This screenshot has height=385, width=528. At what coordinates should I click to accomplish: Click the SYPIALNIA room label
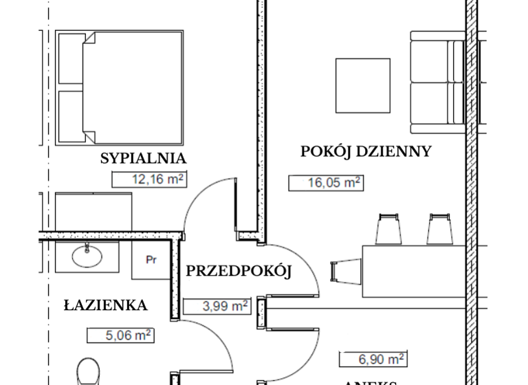(143, 158)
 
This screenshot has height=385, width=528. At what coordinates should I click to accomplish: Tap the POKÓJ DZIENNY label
(365, 151)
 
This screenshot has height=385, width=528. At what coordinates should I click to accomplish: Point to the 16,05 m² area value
(325, 183)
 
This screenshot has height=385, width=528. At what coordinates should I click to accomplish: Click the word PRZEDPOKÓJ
(239, 271)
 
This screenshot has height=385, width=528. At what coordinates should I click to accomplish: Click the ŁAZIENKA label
(105, 305)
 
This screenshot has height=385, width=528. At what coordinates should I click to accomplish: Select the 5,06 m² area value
(120, 335)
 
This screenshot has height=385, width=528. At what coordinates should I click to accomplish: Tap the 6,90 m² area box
(372, 359)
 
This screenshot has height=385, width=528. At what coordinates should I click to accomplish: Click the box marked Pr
(151, 261)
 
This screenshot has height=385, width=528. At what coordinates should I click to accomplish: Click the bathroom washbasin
(87, 257)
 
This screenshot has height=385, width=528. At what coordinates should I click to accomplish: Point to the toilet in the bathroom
(89, 371)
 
